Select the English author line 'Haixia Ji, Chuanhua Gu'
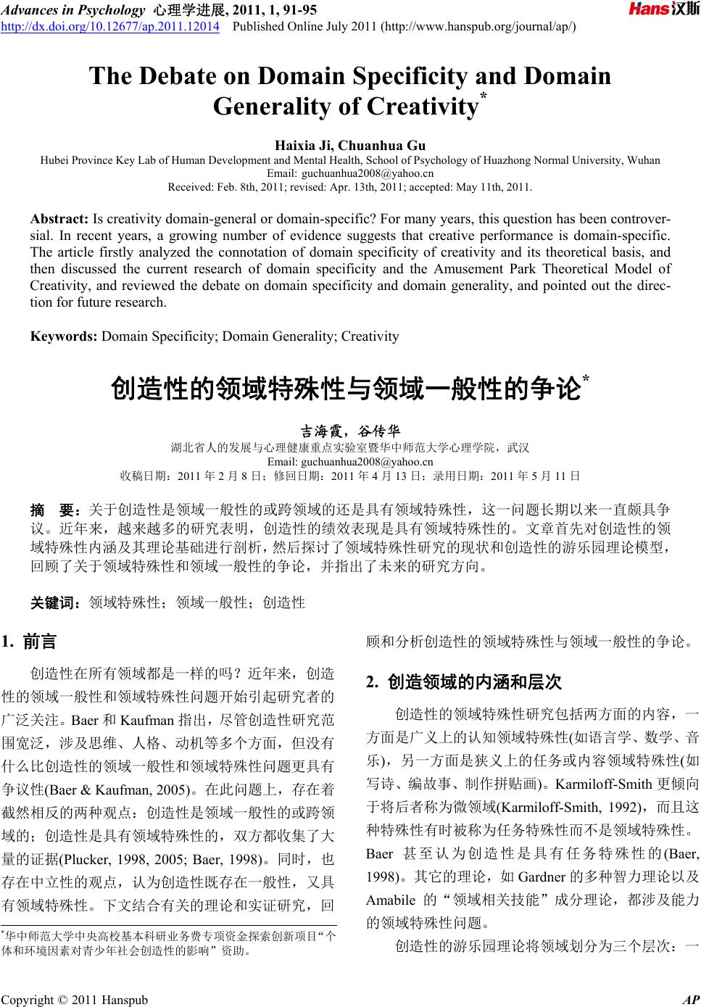[350, 146]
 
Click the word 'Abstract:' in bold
[60, 218]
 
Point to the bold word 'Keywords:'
[64, 336]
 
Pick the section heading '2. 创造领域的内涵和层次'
[464, 682]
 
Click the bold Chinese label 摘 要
[55, 510]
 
